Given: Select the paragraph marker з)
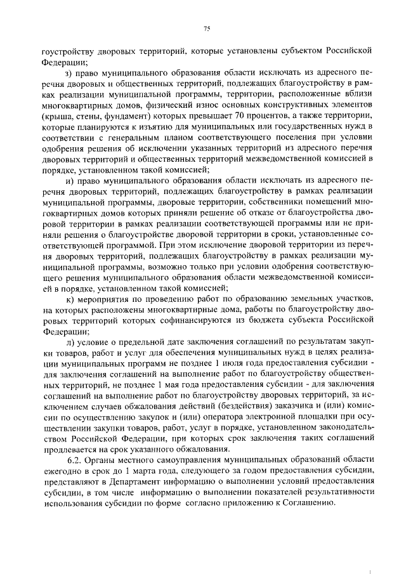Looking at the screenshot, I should (69, 74).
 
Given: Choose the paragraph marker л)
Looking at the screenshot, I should (70, 342).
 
